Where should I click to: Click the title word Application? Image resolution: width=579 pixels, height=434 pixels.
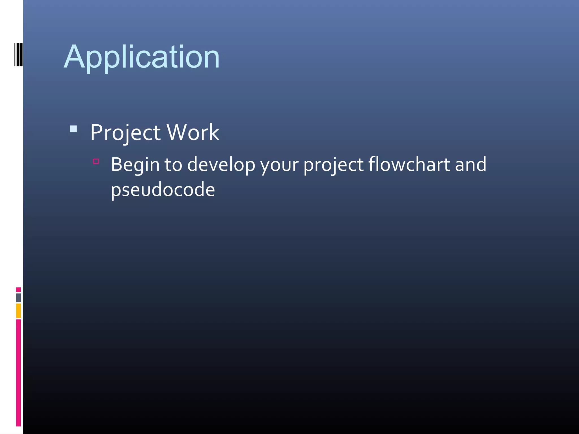142,57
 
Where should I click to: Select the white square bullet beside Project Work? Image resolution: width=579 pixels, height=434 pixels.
73,129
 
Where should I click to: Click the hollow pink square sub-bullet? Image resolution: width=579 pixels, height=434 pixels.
96,161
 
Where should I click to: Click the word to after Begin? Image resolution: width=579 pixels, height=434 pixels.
173,165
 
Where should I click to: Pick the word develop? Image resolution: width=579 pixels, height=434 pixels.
221,165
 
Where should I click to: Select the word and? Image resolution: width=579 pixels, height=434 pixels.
471,164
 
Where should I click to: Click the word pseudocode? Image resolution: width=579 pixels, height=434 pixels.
163,190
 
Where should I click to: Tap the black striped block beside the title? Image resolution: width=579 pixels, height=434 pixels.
18,55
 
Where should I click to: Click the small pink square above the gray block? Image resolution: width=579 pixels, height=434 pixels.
18,290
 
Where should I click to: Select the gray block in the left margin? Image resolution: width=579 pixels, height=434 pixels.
18,298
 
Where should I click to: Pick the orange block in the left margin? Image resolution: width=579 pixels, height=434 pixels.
18,311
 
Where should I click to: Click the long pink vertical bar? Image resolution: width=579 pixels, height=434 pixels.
18,372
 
